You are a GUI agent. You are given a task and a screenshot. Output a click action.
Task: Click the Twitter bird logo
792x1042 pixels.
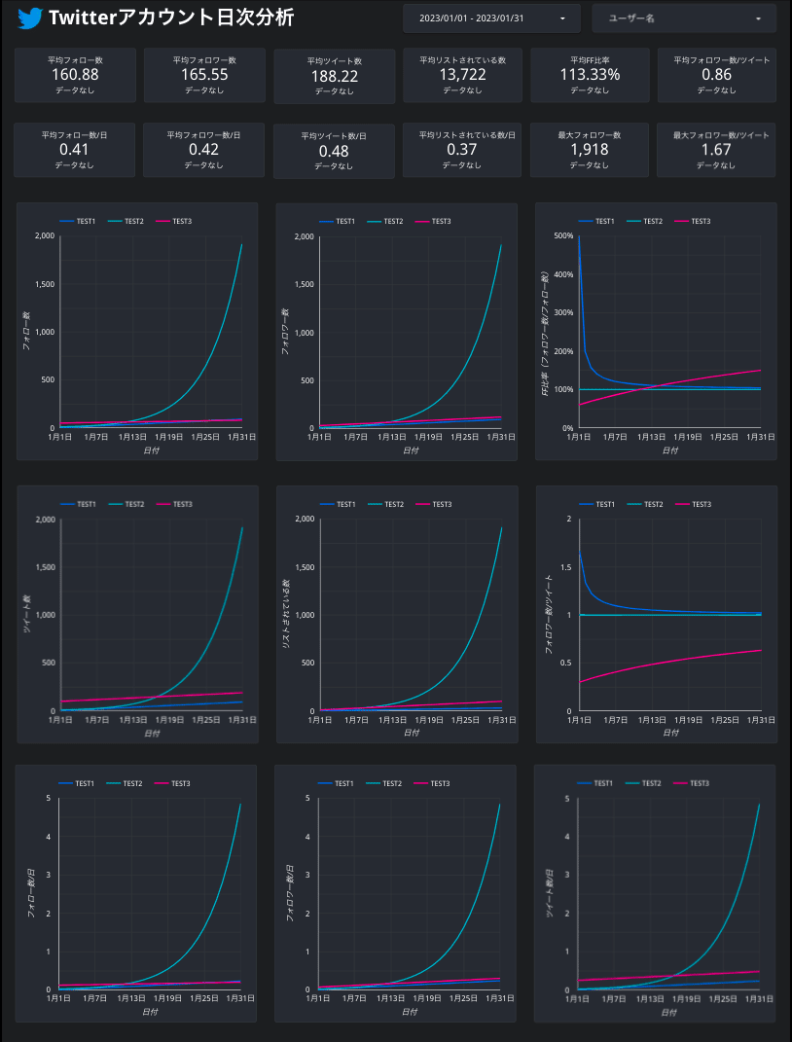[x=30, y=18]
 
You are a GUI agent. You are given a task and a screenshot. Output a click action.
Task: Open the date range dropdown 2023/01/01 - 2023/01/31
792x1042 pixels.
[x=491, y=18]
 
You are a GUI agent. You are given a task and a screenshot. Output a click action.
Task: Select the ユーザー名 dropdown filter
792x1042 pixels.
[x=684, y=18]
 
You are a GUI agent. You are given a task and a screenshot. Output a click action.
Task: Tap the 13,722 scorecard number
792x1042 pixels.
[x=462, y=75]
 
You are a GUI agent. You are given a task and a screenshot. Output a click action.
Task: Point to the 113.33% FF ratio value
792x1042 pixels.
[x=590, y=75]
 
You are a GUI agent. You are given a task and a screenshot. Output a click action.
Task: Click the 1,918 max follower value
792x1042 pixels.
[x=590, y=150]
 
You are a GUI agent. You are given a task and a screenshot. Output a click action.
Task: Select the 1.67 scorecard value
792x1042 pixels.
[x=716, y=150]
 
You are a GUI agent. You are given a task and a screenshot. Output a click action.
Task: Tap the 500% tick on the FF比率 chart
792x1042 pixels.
[x=562, y=236]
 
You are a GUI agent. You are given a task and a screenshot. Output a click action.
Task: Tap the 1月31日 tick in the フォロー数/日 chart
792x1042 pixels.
[x=240, y=998]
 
